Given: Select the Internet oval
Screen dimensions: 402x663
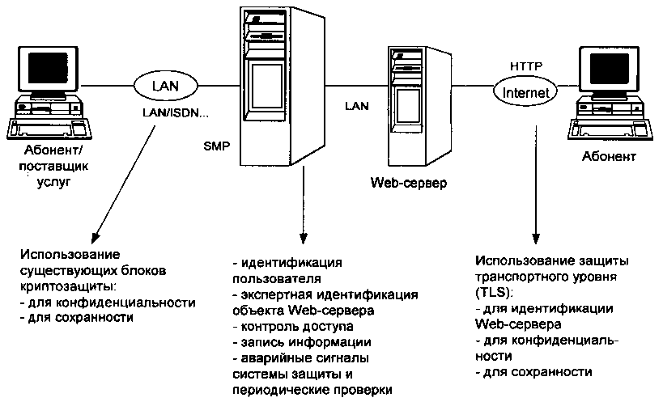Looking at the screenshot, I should [x=525, y=91].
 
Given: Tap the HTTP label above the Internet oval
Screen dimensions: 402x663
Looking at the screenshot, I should [x=525, y=65].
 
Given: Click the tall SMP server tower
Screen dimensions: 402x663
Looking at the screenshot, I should [x=268, y=89].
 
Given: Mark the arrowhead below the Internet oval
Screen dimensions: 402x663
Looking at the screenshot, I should [x=533, y=239].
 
